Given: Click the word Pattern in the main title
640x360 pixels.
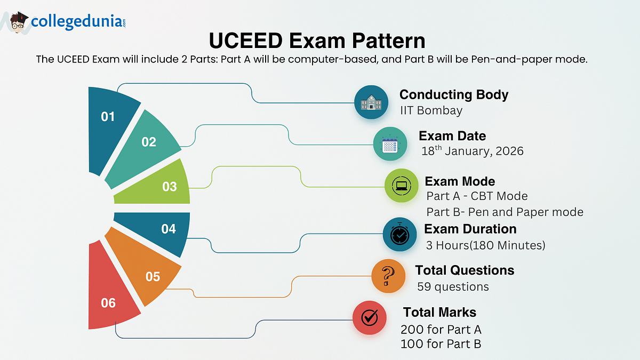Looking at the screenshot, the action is tap(389, 41).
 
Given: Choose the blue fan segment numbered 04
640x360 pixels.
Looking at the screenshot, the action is tap(160, 230).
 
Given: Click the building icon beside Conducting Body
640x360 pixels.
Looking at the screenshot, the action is tap(371, 102).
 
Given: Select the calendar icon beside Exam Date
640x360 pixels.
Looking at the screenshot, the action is tap(390, 143).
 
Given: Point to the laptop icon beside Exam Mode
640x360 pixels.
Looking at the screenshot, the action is tap(402, 186).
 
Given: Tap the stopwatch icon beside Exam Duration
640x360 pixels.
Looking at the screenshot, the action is tap(399, 234).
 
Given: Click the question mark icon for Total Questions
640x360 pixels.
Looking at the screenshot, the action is tap(388, 276).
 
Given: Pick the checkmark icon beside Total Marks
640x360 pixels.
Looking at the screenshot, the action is tap(370, 318).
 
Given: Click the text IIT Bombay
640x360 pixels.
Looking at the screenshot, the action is tap(431, 110).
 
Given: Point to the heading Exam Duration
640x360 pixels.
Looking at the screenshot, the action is tap(470, 229).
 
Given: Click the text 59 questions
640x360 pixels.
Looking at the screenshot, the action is tap(453, 286).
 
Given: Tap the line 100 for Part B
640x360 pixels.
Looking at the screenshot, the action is tap(441, 344).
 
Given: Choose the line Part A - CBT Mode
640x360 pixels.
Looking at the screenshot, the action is tap(477, 196).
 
